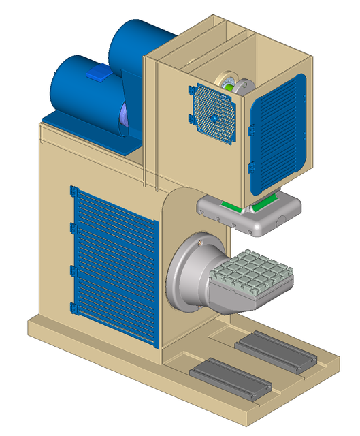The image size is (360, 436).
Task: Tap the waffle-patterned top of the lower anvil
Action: pyautogui.click(x=252, y=273)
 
